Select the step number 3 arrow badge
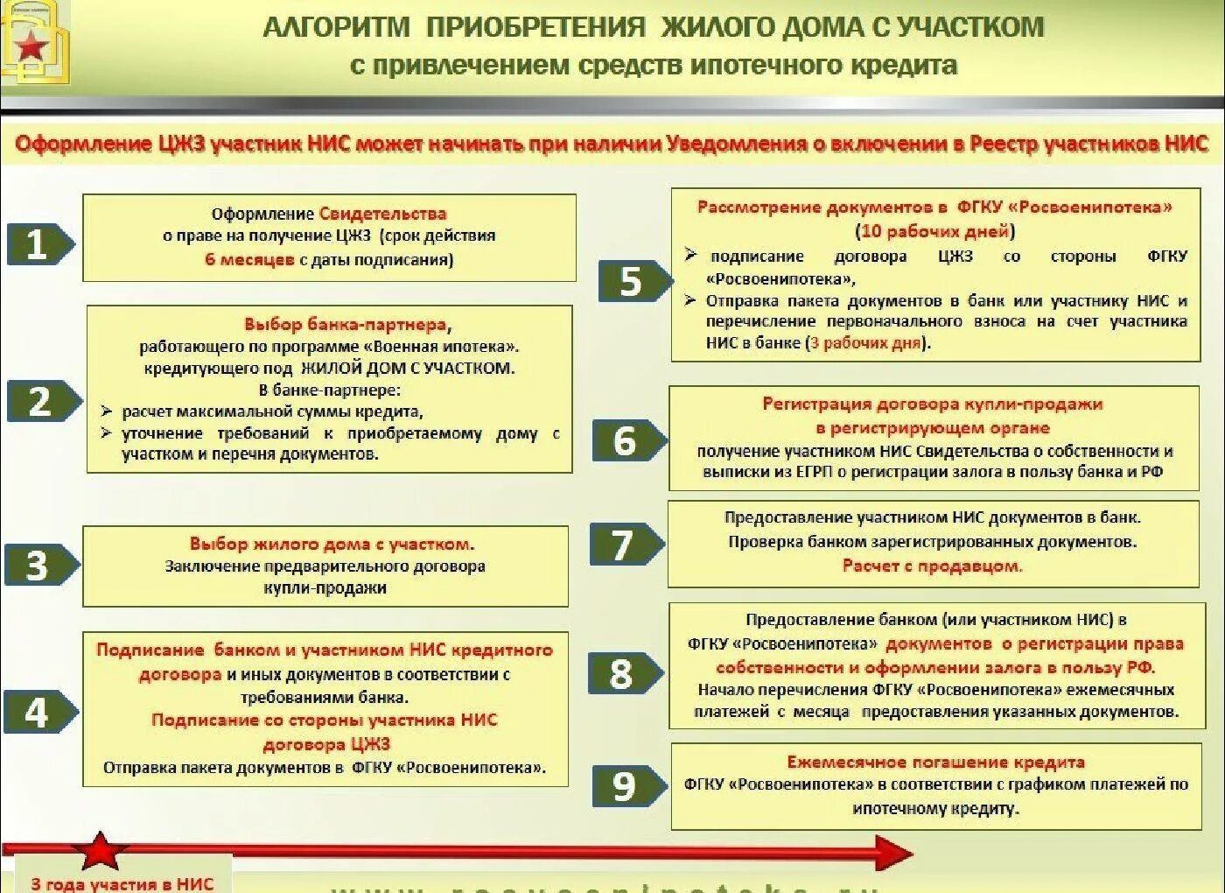(x=39, y=565)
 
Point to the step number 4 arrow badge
(x=38, y=712)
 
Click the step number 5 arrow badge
(x=633, y=281)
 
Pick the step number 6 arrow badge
(x=627, y=440)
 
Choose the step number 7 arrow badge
(x=625, y=545)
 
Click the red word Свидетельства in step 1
(x=382, y=214)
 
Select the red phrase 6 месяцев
(x=249, y=260)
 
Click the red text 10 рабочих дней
(x=934, y=231)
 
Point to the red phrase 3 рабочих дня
(x=866, y=343)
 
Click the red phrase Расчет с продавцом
(x=932, y=566)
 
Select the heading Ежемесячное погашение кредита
(x=935, y=762)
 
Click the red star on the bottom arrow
(x=100, y=851)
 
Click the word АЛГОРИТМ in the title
(x=336, y=27)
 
